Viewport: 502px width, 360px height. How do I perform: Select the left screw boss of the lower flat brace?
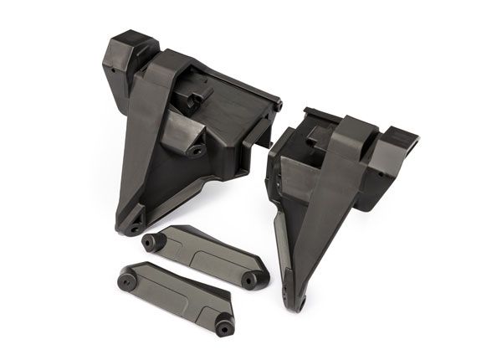[127, 275]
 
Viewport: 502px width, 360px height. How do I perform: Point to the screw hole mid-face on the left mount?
[198, 152]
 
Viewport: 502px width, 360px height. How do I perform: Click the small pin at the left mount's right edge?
[278, 106]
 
